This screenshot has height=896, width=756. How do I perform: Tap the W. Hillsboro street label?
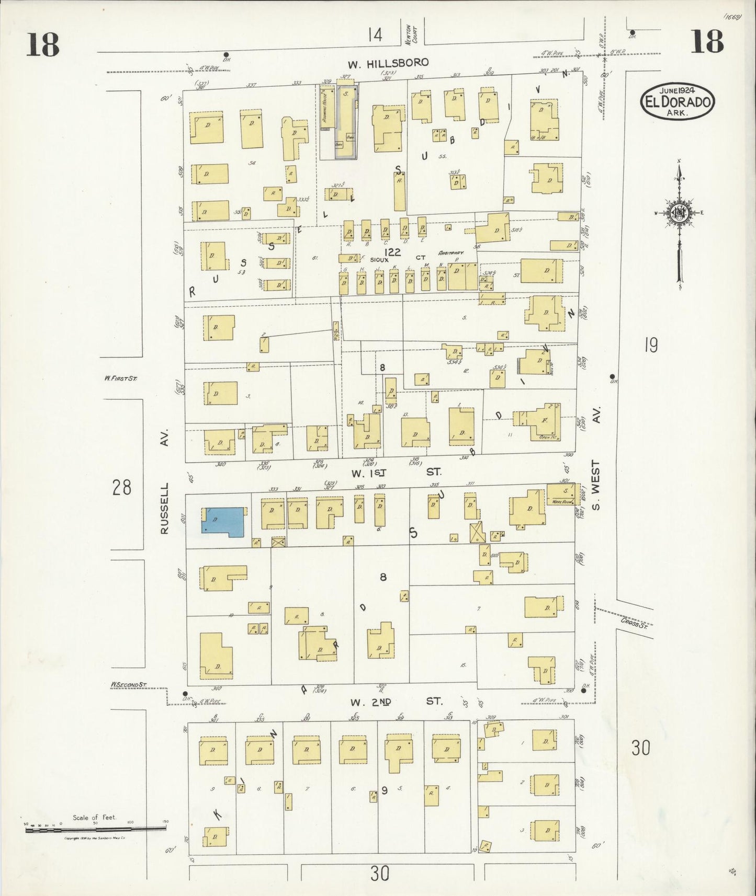388,63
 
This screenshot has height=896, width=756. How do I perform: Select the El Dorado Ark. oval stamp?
678,101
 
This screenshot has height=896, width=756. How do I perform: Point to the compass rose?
679,213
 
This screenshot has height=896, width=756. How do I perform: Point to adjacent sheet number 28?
121,488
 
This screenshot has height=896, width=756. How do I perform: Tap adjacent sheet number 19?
650,346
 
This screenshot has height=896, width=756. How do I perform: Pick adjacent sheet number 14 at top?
375,35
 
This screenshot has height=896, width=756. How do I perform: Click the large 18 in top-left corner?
43,43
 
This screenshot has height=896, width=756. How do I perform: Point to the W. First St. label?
120,377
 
